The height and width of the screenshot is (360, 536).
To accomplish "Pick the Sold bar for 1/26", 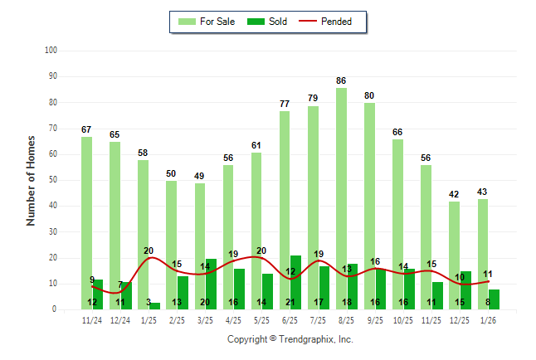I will (495, 299).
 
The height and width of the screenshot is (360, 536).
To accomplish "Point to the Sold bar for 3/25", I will (211, 284).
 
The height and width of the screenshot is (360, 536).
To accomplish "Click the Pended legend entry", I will (331, 22).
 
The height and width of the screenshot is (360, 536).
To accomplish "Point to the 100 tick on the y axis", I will (51, 51).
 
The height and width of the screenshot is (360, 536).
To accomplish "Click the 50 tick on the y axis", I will (53, 180).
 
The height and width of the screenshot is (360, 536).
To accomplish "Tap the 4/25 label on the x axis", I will (233, 319).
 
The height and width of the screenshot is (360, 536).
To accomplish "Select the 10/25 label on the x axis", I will (403, 319).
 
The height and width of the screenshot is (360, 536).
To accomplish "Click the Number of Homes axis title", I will (32, 180).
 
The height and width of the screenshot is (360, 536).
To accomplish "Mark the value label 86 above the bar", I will (341, 80).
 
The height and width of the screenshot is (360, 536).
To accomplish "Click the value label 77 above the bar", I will (285, 104).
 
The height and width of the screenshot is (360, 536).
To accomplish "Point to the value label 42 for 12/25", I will (455, 194).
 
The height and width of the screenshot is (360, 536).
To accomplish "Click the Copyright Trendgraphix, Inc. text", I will (290, 339).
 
